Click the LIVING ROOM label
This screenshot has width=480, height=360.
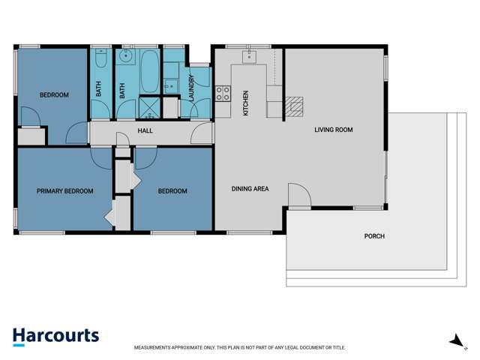pos(333,130)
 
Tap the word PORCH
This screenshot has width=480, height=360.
pos(374,236)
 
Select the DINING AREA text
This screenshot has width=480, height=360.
pos(250,189)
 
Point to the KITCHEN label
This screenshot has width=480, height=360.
pos(245,103)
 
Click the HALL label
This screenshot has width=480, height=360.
pos(145,130)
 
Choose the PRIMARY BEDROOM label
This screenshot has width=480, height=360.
pos(65,191)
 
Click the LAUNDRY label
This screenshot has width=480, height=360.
pos(192,88)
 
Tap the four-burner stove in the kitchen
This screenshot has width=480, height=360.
pos(223,94)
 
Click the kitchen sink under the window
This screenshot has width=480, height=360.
pos(250,56)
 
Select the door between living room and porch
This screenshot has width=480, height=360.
pos(299,196)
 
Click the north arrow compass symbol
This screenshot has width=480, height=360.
pos(456,341)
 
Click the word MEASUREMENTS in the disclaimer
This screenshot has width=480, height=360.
pos(157,348)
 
